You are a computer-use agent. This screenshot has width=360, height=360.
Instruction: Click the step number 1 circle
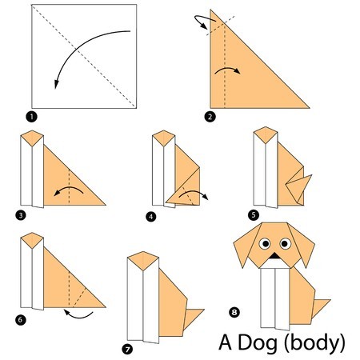(x=31, y=117)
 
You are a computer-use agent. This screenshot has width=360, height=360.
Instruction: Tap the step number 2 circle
(x=210, y=117)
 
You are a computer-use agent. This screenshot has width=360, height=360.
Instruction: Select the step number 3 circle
(x=21, y=215)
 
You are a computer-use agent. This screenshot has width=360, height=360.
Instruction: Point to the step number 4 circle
(x=151, y=217)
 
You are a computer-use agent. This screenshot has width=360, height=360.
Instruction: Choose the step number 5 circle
(x=254, y=215)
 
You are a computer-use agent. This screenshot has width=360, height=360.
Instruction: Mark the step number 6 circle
(x=21, y=319)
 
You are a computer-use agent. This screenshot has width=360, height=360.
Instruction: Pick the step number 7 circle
(x=127, y=350)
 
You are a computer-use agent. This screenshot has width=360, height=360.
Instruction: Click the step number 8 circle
(x=234, y=312)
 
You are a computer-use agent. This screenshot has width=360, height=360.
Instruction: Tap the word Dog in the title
(x=258, y=343)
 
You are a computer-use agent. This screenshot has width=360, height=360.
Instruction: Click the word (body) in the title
(x=314, y=343)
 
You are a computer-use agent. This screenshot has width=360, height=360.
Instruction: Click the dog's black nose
(x=274, y=256)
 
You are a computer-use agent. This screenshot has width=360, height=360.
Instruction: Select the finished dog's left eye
(x=265, y=243)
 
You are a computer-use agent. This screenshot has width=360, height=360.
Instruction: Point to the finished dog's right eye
(x=285, y=243)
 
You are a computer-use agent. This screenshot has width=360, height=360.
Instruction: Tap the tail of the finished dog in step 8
(x=319, y=306)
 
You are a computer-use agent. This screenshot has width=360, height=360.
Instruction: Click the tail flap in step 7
(x=193, y=318)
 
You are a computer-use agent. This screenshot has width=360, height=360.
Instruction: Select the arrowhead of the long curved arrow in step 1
(x=56, y=84)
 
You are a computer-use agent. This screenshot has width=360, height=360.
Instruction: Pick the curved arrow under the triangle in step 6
(x=78, y=316)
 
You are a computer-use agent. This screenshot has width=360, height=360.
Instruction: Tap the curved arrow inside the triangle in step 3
(x=70, y=188)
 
